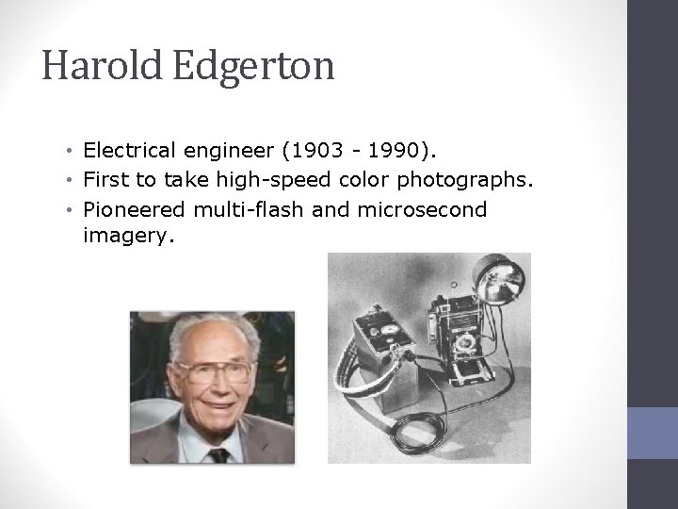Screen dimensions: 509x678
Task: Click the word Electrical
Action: (x=135, y=149)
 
